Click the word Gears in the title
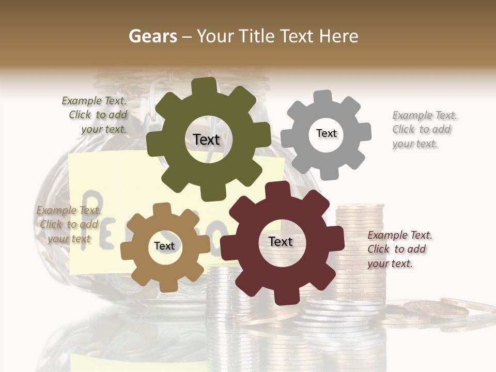(x=152, y=36)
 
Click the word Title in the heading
(x=257, y=36)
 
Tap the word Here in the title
(x=339, y=36)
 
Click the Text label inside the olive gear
(x=206, y=139)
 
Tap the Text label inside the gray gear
(x=326, y=133)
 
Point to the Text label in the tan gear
(x=164, y=246)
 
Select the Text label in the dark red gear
(x=281, y=241)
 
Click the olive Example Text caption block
(x=95, y=115)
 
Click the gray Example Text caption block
(x=423, y=130)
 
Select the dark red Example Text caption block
(x=399, y=249)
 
